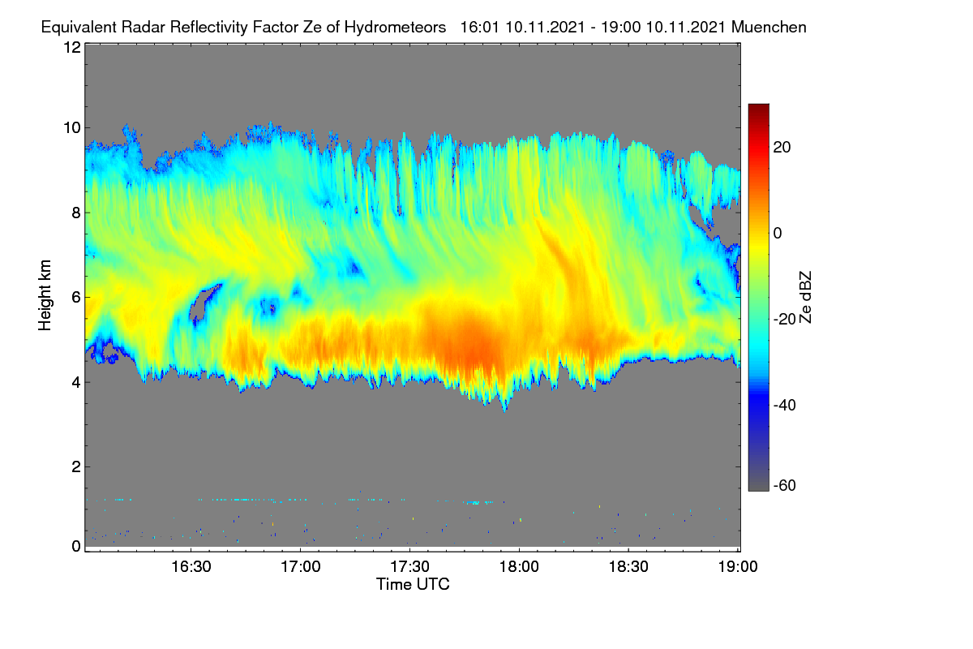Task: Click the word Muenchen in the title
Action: (769, 27)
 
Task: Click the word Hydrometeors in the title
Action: (395, 28)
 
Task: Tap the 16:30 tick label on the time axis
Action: (191, 566)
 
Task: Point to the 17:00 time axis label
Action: (301, 566)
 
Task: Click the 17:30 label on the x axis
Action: (409, 566)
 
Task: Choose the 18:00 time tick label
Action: (519, 566)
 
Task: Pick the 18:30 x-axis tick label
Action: (628, 566)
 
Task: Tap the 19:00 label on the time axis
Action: (738, 566)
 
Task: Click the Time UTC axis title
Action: (413, 584)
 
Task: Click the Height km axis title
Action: (45, 295)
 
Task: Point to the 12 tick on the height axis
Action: (72, 47)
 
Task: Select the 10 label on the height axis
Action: (72, 128)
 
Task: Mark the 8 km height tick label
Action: (76, 213)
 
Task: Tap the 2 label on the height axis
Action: (76, 466)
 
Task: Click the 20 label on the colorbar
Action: (782, 148)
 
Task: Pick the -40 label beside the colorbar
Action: (785, 405)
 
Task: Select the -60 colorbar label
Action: (785, 485)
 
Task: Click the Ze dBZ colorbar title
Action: (805, 297)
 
